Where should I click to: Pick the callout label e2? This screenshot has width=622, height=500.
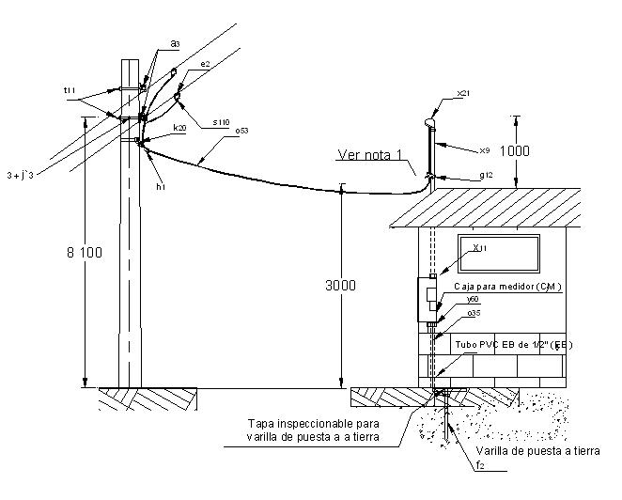[x=205, y=64]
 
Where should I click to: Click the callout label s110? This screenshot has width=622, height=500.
[x=221, y=121]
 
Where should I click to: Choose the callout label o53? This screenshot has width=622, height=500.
[x=241, y=131]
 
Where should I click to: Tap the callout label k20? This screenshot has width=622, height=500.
[x=179, y=127]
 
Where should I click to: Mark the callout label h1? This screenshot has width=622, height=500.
[x=161, y=186]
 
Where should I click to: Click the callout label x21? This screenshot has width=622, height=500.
[x=462, y=94]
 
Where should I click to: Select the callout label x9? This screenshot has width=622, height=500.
[x=485, y=150]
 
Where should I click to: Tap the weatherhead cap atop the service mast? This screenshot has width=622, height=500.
[x=430, y=119]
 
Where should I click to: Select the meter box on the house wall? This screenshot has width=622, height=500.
[x=428, y=299]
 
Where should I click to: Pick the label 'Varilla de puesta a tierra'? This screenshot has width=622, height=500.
[x=536, y=451]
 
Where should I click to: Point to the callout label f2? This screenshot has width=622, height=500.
[x=479, y=465]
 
